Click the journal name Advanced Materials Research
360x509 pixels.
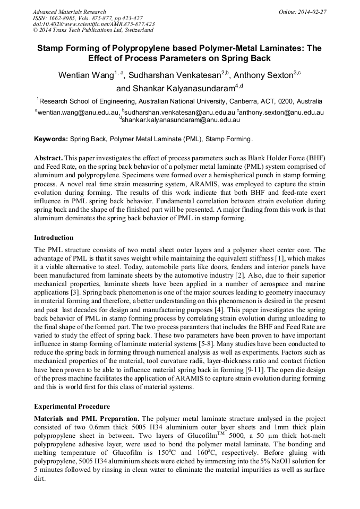tap(69, 12)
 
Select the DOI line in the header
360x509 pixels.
tap(94, 24)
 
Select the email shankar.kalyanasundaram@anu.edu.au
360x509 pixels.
tap(181, 120)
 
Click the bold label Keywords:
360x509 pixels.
tap(51, 139)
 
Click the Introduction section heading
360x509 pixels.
tap(54, 238)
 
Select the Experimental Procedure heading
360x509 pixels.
tap(72, 407)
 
